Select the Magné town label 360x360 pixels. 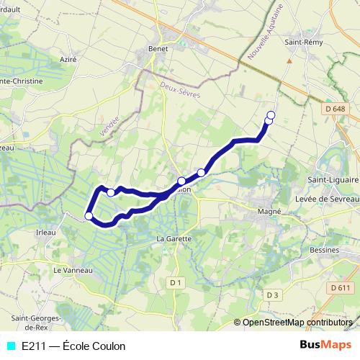269,212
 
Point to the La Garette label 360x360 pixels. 174,238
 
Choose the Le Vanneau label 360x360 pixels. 73,270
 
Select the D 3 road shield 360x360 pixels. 271,294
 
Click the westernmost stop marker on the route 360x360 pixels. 89,215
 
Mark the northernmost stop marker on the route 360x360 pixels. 271,115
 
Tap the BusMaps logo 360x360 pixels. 325,345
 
